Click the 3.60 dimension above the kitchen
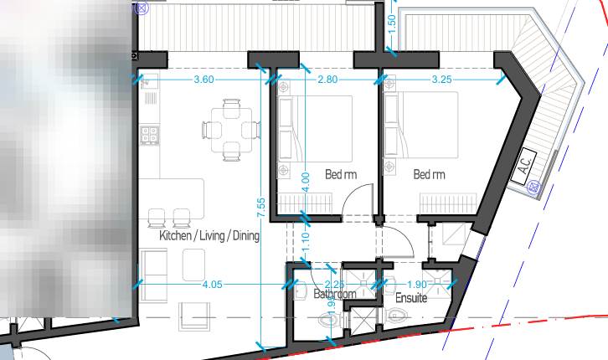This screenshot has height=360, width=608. pyautogui.click(x=204, y=80)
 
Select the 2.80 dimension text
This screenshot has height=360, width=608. pyautogui.click(x=327, y=80)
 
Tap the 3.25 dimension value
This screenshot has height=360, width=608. pyautogui.click(x=441, y=80)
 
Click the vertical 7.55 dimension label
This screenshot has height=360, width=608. pyautogui.click(x=262, y=208)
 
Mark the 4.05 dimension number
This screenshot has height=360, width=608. pyautogui.click(x=212, y=285)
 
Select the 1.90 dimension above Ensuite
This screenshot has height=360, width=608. pyautogui.click(x=417, y=285)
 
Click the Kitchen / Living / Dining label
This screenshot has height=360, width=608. pyautogui.click(x=209, y=237)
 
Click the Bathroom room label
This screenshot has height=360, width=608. pyautogui.click(x=335, y=295)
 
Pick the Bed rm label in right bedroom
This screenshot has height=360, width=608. pyautogui.click(x=429, y=175)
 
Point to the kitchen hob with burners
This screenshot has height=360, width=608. pyautogui.click(x=149, y=134)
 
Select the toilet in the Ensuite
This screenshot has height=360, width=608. pyautogui.click(x=398, y=316)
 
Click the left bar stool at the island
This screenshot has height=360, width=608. pyautogui.click(x=156, y=219)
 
